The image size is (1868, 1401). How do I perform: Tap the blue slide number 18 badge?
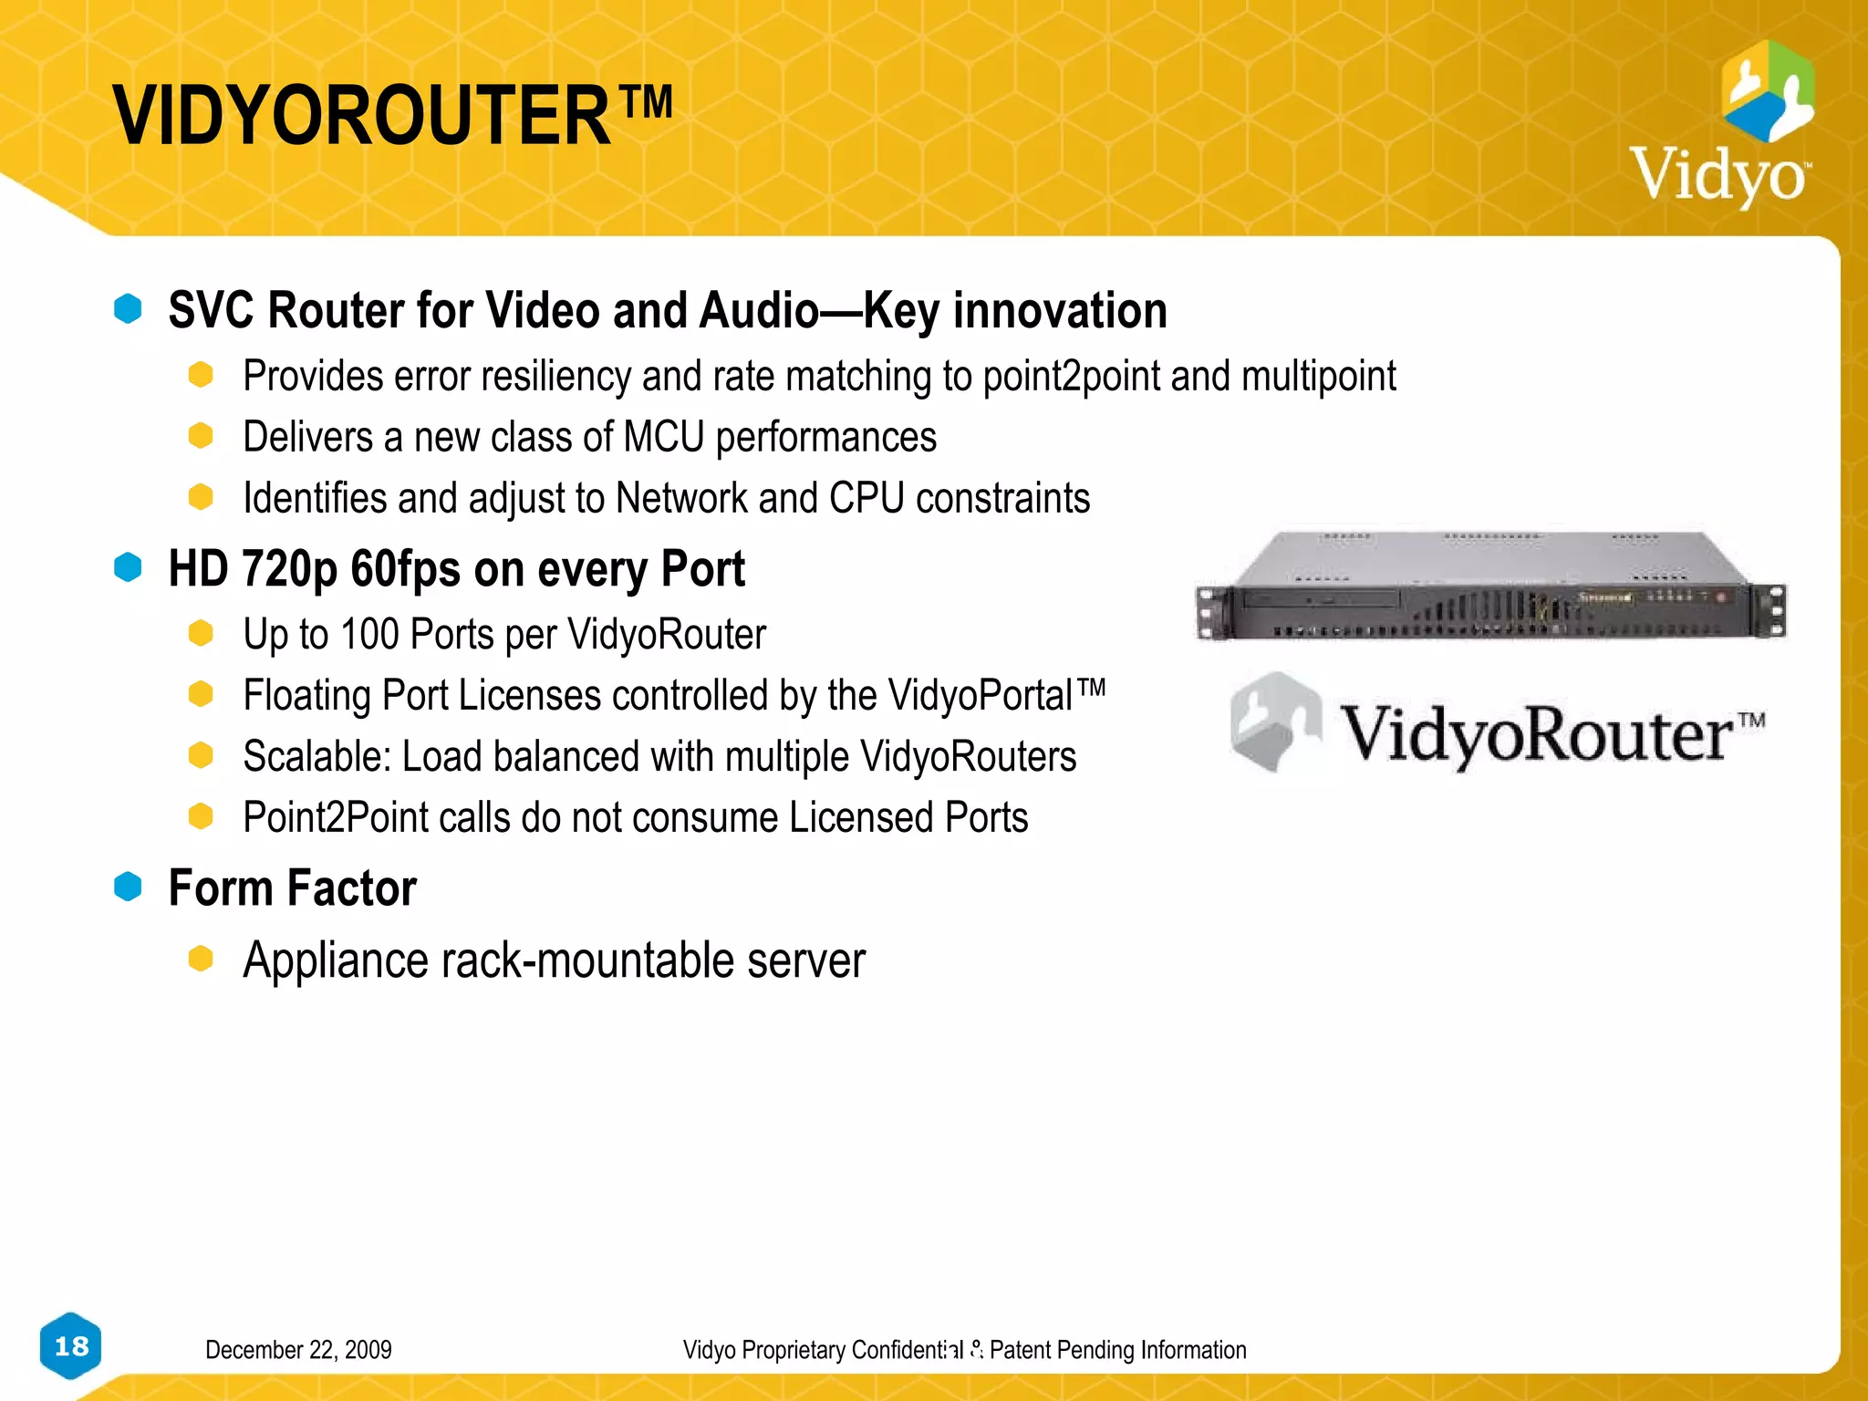point(71,1346)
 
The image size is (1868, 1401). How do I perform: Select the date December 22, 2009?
point(298,1350)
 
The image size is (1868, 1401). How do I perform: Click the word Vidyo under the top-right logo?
point(1718,174)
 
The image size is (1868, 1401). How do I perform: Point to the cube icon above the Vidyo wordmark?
point(1768,90)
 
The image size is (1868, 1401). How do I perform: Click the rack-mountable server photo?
point(1490,586)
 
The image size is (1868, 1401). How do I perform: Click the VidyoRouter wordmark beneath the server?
point(1551,734)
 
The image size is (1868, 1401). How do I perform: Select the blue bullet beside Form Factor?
point(128,887)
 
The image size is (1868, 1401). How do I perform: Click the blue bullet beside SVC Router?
point(128,309)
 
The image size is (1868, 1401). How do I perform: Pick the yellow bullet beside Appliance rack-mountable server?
point(201,960)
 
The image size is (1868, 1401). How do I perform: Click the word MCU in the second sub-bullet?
point(664,438)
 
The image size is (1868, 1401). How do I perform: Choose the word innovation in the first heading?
point(1060,311)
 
